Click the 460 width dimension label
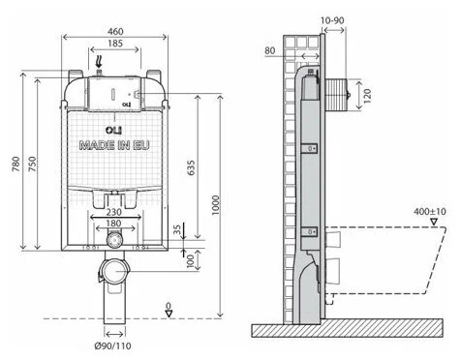115,31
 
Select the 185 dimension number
115,43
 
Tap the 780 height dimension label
15,164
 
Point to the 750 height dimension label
32,164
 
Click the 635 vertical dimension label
191,167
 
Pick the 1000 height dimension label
215,205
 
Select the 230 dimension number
114,212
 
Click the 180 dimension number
113,223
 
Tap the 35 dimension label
177,229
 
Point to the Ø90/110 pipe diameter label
112,346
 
